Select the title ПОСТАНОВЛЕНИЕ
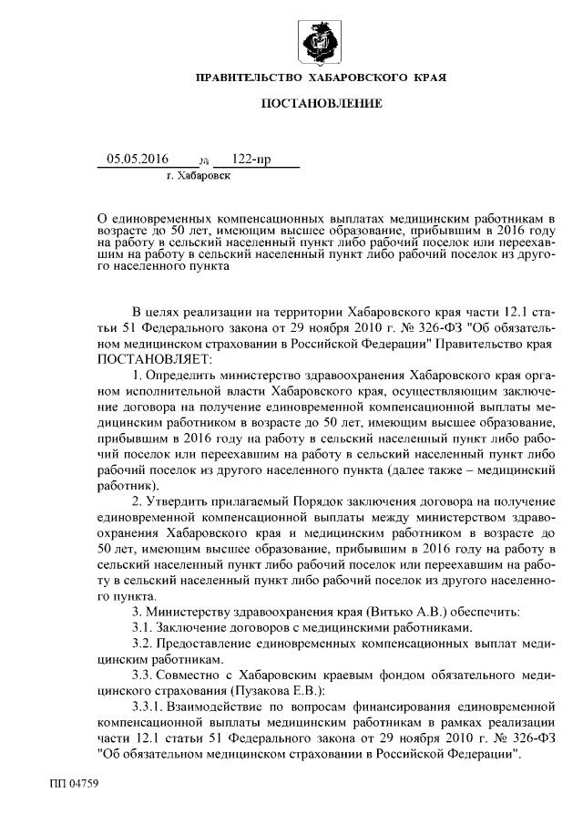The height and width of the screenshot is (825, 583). pyautogui.click(x=322, y=106)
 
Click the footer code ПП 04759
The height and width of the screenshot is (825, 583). pyautogui.click(x=73, y=783)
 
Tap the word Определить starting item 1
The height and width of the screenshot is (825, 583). pyautogui.click(x=189, y=376)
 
